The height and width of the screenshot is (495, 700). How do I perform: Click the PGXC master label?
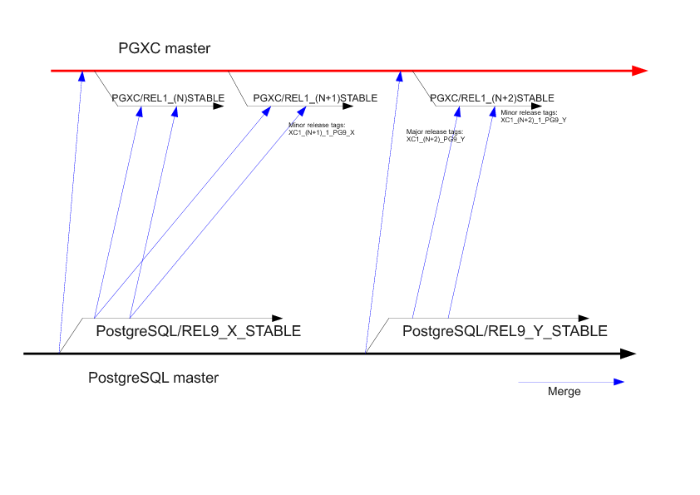[x=164, y=49]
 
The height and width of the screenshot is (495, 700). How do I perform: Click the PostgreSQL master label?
[x=153, y=378]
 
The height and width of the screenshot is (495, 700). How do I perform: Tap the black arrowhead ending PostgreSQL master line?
[x=629, y=354]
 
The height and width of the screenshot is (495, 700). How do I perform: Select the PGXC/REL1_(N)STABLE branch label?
[x=168, y=98]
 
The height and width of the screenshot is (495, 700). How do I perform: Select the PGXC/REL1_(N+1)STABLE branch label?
[x=315, y=98]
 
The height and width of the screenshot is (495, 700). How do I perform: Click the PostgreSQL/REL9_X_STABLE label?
[x=198, y=331]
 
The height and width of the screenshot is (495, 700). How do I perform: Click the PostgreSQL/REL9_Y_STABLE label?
[x=505, y=331]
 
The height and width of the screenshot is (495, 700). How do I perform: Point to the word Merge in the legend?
[x=564, y=392]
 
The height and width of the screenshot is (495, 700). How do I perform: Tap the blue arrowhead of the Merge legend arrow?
[x=619, y=382]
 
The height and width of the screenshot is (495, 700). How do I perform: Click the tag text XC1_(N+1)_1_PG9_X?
[x=322, y=132]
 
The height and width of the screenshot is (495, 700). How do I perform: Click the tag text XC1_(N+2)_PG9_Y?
[x=435, y=139]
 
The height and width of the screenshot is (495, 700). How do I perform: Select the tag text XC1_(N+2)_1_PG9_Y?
[x=533, y=120]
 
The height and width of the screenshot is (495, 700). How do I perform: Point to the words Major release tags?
[x=434, y=131]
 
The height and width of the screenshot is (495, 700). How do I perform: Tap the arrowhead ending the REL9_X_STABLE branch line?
[x=278, y=318]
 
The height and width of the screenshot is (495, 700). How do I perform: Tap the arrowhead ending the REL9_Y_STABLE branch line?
[x=585, y=318]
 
